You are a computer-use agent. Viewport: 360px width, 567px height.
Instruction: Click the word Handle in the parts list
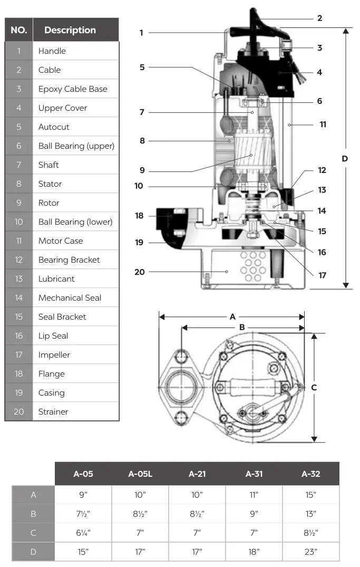pyautogui.click(x=52, y=51)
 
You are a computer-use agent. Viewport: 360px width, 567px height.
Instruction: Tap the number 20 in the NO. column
pyautogui.click(x=19, y=412)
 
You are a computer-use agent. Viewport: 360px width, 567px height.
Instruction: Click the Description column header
pyautogui.click(x=70, y=30)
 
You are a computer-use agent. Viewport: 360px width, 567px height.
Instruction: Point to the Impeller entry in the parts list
pyautogui.click(x=54, y=355)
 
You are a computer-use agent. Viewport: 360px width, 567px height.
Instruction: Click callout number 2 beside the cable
pyautogui.click(x=319, y=18)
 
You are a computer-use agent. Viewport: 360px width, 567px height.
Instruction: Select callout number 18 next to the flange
pyautogui.click(x=139, y=216)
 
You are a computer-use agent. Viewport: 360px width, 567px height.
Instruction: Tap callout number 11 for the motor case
pyautogui.click(x=323, y=124)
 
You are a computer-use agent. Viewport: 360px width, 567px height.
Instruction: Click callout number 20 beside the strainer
pyautogui.click(x=139, y=272)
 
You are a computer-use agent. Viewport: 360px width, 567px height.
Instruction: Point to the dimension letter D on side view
pyautogui.click(x=345, y=158)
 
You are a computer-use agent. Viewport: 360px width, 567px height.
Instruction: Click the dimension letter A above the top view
pyautogui.click(x=232, y=317)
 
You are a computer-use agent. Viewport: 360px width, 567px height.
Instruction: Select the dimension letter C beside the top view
pyautogui.click(x=314, y=387)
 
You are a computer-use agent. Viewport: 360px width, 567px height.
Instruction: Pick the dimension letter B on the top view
pyautogui.click(x=242, y=327)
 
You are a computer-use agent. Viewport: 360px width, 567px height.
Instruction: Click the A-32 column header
pyautogui.click(x=311, y=474)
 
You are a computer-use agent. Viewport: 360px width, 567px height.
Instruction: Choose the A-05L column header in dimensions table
pyautogui.click(x=140, y=474)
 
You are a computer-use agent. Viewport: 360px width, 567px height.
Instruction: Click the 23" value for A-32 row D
pyautogui.click(x=311, y=552)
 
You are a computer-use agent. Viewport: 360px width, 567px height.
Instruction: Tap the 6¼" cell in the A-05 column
pyautogui.click(x=83, y=533)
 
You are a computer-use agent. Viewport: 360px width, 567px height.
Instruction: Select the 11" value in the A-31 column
pyautogui.click(x=254, y=495)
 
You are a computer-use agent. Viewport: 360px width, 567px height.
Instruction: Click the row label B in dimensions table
pyautogui.click(x=33, y=514)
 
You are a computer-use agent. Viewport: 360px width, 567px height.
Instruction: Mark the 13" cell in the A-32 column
pyautogui.click(x=311, y=514)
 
